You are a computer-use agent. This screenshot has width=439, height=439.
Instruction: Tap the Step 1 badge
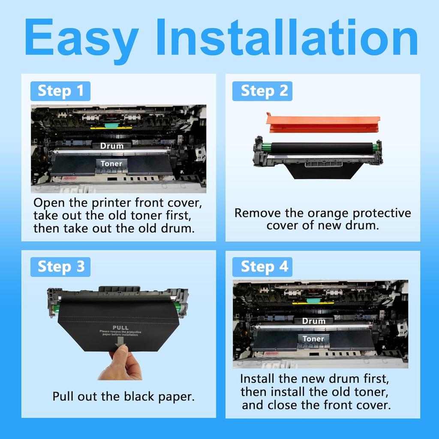[x=60, y=91]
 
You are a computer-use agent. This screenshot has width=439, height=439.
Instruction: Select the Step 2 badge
[x=262, y=91]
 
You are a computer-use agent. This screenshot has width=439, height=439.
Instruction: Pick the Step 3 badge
[x=60, y=267]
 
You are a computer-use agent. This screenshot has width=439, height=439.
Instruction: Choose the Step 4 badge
[x=262, y=267]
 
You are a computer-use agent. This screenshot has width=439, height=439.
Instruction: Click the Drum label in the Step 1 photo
[x=111, y=146]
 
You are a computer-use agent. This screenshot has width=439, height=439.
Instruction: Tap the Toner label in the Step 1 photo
[x=111, y=163]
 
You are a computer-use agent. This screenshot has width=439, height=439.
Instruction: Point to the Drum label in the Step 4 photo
[x=314, y=321]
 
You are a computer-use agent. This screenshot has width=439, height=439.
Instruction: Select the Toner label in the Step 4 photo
[x=313, y=339]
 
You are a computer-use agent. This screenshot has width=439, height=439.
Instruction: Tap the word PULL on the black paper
[x=120, y=327]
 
